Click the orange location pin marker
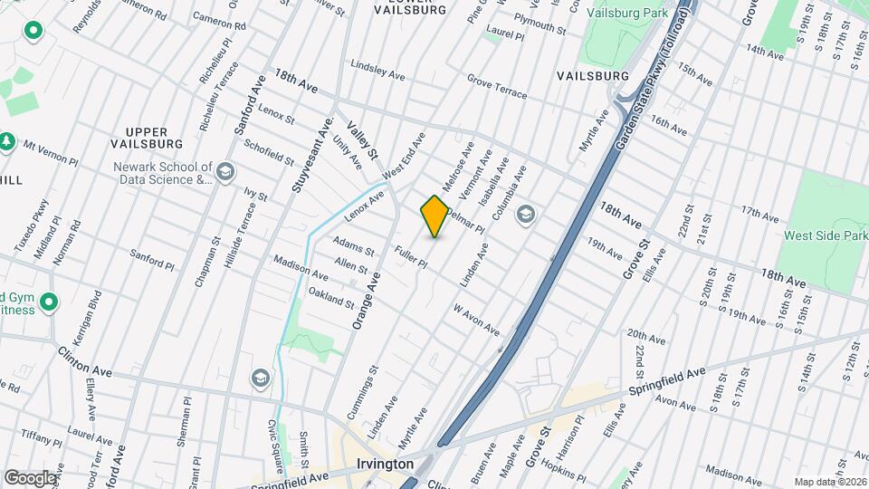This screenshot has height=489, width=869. click(x=434, y=216)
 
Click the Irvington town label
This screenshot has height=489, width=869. click(x=384, y=464)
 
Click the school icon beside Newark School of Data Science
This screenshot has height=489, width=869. click(x=225, y=172)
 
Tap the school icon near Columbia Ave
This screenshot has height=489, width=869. click(x=525, y=215)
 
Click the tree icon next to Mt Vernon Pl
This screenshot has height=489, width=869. click(x=7, y=142)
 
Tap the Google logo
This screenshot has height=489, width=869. click(x=30, y=477)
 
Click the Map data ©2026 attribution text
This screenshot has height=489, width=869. click(x=828, y=482)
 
